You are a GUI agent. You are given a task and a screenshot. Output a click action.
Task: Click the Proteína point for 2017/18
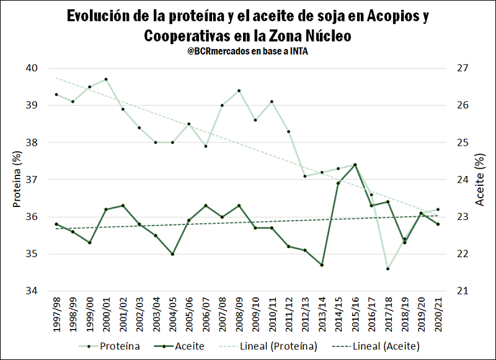point(387,269)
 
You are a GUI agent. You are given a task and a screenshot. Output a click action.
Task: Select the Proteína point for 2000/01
point(106,79)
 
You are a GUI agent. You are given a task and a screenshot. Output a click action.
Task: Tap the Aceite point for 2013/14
point(322,265)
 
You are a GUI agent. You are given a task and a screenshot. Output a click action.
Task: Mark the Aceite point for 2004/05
point(172,254)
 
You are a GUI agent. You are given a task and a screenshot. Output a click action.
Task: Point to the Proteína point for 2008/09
point(239,90)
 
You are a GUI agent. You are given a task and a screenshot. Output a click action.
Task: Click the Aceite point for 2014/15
point(338,183)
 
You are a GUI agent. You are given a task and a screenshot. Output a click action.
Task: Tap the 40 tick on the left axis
point(30,68)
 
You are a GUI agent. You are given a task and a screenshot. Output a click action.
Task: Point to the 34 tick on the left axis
point(30,291)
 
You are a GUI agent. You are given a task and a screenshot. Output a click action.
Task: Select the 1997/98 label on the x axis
point(56,314)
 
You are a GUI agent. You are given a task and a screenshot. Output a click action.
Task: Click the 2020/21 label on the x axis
point(438,314)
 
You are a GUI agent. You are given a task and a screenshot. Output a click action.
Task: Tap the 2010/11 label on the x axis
point(272,314)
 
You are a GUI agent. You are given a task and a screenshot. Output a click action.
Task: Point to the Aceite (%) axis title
point(479,180)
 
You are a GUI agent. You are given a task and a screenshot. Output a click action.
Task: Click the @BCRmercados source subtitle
point(247,52)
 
